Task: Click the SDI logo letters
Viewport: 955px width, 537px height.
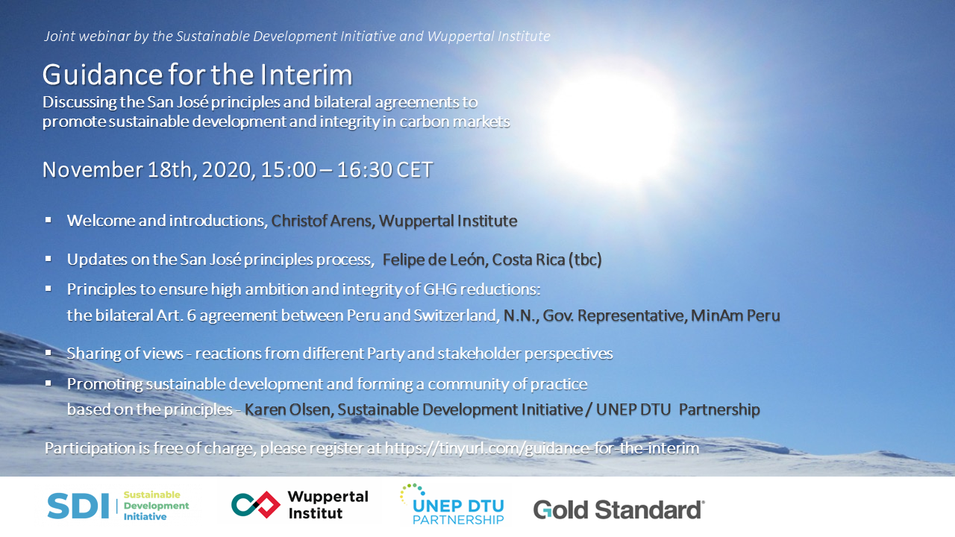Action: (x=78, y=506)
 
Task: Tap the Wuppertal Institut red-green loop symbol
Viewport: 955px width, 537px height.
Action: (x=255, y=505)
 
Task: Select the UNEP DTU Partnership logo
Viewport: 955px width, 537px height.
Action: (x=452, y=504)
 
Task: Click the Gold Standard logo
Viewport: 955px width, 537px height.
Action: (x=619, y=509)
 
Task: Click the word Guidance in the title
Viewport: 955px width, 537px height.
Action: (x=102, y=75)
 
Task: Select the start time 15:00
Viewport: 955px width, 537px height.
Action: (x=289, y=169)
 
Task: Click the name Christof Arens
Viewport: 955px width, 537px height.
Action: (x=322, y=221)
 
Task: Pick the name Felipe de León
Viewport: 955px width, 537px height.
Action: (x=435, y=260)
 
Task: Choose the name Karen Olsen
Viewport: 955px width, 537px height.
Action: (x=287, y=409)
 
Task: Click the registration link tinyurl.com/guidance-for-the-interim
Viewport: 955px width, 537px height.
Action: (x=542, y=448)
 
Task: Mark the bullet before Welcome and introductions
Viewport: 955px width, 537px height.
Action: (x=48, y=220)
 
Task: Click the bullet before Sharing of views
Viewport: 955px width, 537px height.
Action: (x=48, y=353)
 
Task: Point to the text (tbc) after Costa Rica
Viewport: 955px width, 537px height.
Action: (x=585, y=260)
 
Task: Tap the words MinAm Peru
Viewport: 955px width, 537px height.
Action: (x=736, y=315)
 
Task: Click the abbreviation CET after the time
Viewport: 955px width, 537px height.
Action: (x=415, y=169)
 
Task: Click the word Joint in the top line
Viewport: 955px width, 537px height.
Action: (x=60, y=37)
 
